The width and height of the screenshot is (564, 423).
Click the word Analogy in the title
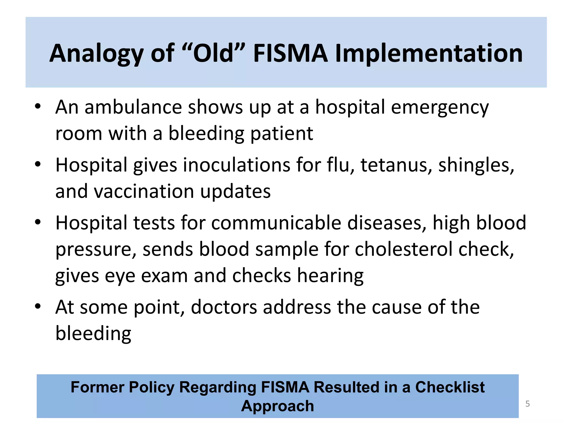(x=96, y=54)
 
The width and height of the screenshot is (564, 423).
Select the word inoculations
(x=237, y=165)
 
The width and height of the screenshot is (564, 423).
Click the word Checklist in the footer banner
(x=450, y=387)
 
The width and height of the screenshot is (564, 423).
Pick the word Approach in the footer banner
(x=278, y=406)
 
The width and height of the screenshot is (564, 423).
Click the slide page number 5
(x=528, y=404)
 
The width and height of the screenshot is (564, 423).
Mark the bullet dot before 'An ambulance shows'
(x=38, y=107)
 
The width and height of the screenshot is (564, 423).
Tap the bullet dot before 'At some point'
(x=38, y=306)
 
